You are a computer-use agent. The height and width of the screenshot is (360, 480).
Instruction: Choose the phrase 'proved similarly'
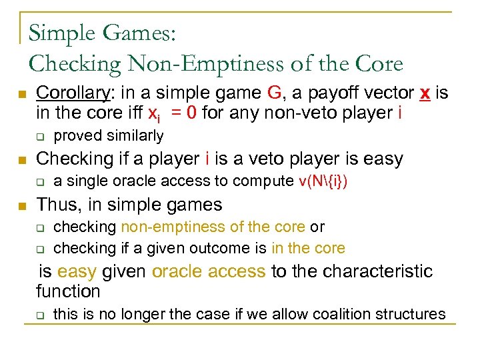108,136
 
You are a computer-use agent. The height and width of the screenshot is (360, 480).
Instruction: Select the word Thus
58,204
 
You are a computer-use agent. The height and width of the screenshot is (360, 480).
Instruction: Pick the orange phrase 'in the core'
308,248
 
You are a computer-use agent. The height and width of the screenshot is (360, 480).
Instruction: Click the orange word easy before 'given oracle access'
76,271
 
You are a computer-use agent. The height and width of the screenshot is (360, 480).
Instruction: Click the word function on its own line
68,291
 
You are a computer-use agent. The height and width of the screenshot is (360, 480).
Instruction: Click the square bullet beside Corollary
23,93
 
